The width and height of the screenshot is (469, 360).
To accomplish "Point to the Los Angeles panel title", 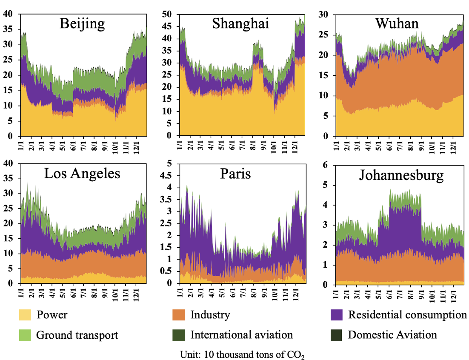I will [82, 173].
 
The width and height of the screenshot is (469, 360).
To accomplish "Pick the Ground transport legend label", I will [77, 335].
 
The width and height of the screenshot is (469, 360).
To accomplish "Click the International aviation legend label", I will [241, 335].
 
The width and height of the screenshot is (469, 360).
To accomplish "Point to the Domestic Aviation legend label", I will [392, 335].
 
